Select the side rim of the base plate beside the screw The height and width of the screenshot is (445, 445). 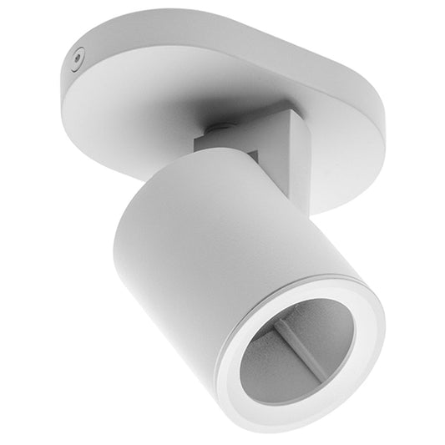pos(71,79)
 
